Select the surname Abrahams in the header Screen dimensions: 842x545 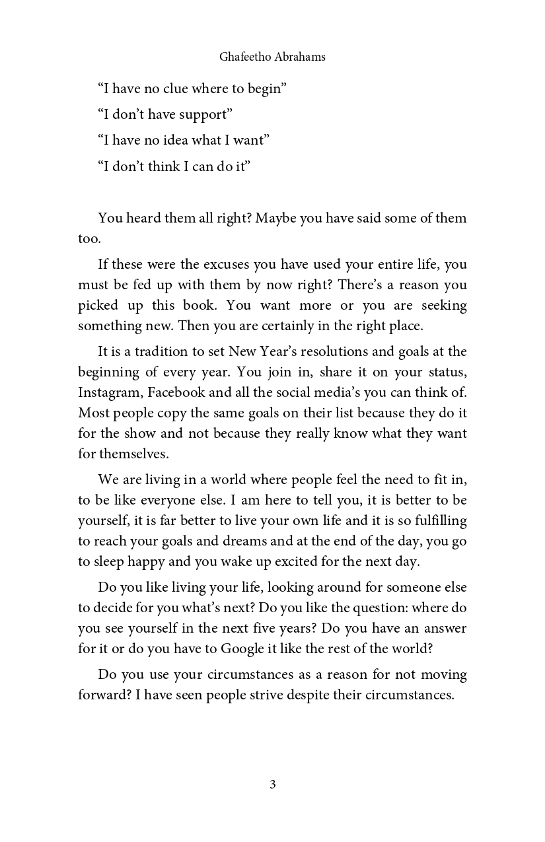point(301,57)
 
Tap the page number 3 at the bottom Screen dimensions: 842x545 point(273,784)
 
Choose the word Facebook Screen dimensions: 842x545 point(176,392)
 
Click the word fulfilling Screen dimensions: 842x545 point(439,520)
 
